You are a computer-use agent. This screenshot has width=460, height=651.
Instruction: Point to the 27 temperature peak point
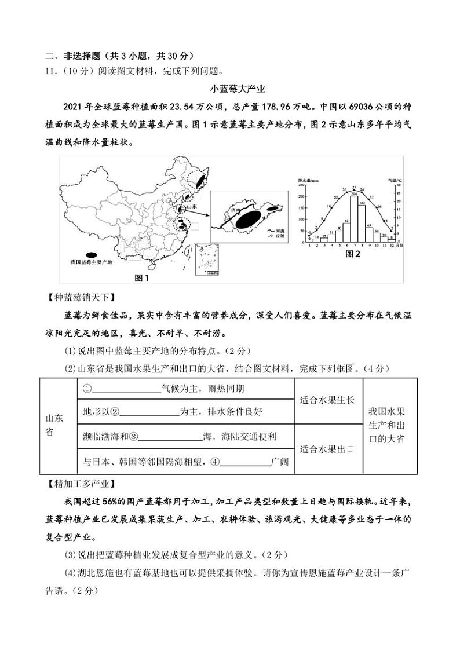pyautogui.click(x=354, y=189)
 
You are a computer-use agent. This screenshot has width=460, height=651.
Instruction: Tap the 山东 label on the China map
pyautogui.click(x=192, y=207)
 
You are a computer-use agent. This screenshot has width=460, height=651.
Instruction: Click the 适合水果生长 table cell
pyautogui.click(x=327, y=400)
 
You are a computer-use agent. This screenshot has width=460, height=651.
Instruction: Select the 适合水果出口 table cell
pyautogui.click(x=327, y=448)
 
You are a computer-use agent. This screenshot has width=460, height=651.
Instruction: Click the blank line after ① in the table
pyautogui.click(x=125, y=389)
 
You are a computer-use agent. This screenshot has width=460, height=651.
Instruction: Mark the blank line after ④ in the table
pyautogui.click(x=246, y=462)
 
